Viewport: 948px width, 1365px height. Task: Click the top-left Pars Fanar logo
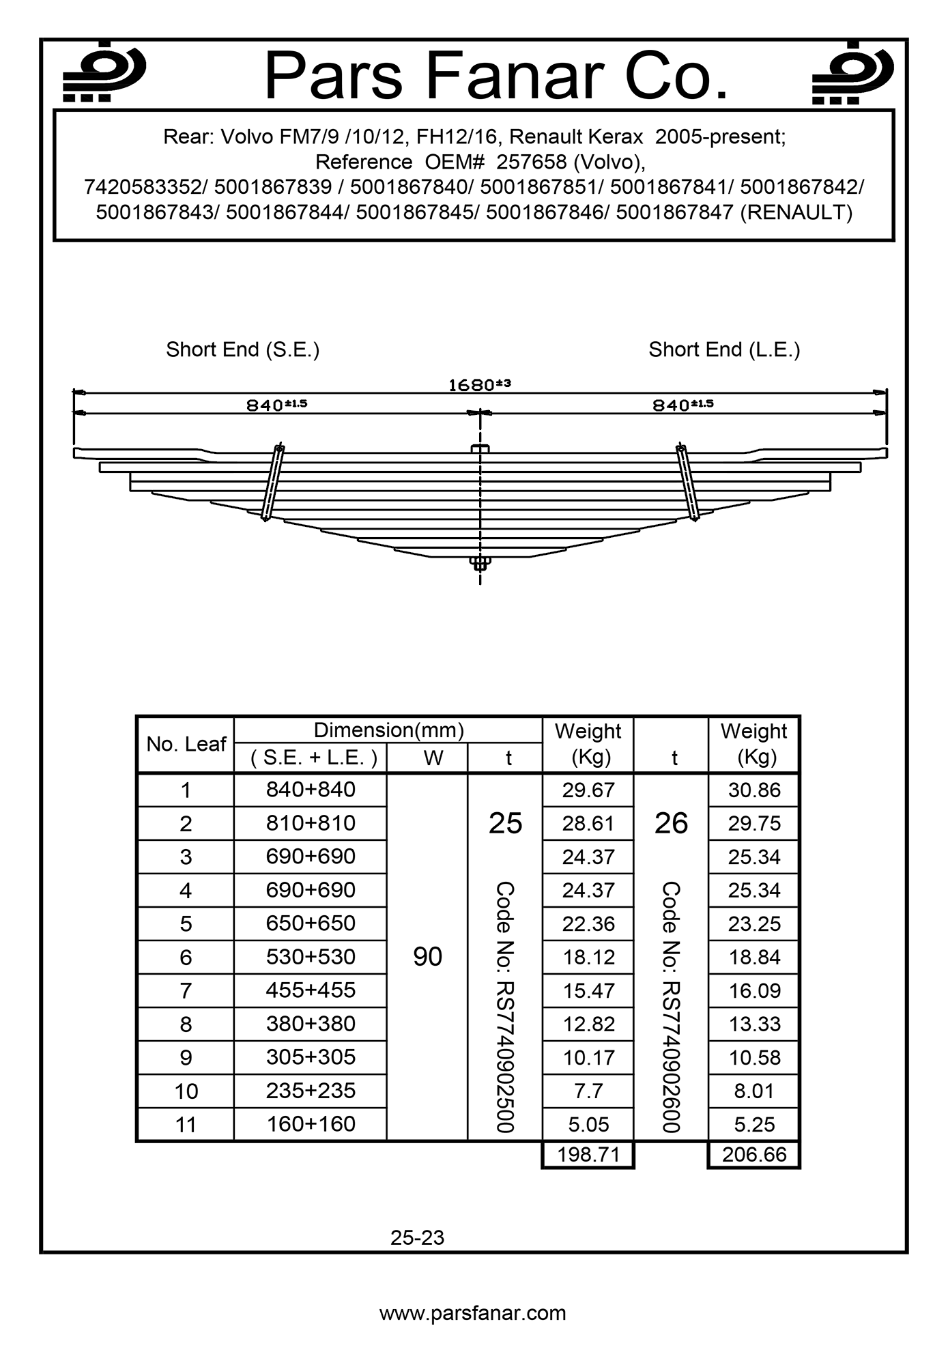click(x=104, y=73)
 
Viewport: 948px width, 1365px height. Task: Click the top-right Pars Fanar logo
click(x=852, y=73)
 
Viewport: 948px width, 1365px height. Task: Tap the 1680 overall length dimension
click(x=479, y=385)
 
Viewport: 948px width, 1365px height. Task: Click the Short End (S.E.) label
click(x=242, y=349)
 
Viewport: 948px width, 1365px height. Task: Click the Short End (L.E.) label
click(x=724, y=349)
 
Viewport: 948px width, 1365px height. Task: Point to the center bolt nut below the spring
click(x=480, y=563)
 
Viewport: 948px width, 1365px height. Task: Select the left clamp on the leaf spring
click(x=273, y=482)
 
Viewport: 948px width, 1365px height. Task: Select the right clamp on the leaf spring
click(x=687, y=482)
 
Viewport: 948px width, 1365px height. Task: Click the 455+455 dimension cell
click(x=311, y=990)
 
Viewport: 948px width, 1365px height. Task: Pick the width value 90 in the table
click(x=427, y=957)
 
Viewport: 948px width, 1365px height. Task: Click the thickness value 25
click(x=505, y=824)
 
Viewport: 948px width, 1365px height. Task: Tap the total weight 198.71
click(x=588, y=1155)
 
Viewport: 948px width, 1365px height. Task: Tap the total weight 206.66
click(x=754, y=1155)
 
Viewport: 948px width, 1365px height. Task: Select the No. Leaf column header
click(x=186, y=744)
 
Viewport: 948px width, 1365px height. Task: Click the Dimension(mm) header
click(x=388, y=730)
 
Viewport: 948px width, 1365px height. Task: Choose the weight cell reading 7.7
click(x=588, y=1091)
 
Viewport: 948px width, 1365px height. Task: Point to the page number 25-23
click(x=417, y=1237)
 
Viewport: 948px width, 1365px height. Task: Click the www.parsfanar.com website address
click(x=472, y=1313)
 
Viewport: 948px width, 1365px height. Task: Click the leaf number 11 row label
click(x=186, y=1124)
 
